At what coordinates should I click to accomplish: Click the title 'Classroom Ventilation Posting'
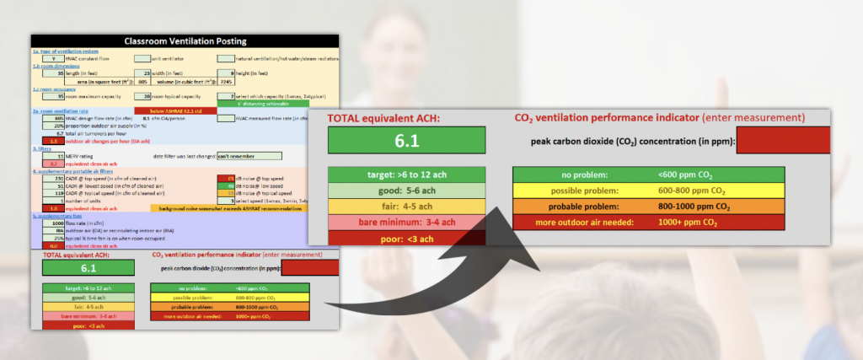185,40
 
